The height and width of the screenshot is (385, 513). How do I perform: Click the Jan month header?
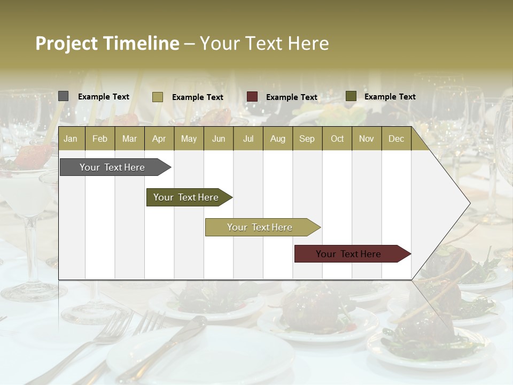(x=71, y=138)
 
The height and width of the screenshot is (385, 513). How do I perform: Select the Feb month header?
(x=100, y=138)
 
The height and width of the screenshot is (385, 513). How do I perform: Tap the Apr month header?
(x=159, y=138)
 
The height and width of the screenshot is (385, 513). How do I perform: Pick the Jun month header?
(x=219, y=138)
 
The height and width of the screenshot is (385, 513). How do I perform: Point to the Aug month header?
(x=277, y=138)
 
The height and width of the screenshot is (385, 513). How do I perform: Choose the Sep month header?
(x=307, y=138)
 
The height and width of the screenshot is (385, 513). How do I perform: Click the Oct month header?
(x=337, y=138)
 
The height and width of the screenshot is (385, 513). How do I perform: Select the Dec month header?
(x=396, y=138)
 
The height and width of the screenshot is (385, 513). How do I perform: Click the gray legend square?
(x=63, y=96)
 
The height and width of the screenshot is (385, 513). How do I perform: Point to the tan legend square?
(x=157, y=97)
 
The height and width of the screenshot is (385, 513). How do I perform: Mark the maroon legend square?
(x=252, y=97)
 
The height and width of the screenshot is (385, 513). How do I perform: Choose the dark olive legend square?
(x=351, y=96)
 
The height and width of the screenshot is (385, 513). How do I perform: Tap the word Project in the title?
(x=66, y=43)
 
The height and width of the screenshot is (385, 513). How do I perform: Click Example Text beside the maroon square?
(x=291, y=97)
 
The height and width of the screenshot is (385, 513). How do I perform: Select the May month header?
(x=189, y=138)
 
